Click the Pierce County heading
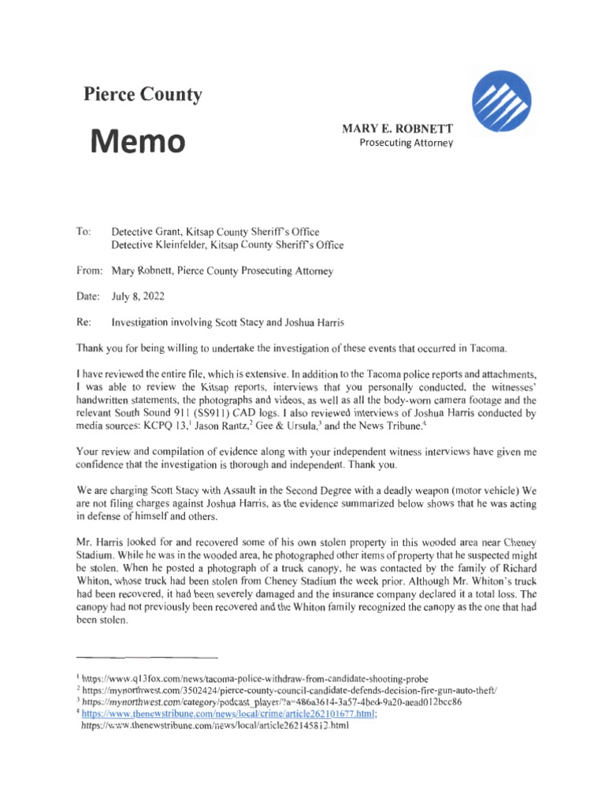(x=143, y=95)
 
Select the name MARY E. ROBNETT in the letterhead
(x=403, y=128)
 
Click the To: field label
(x=84, y=232)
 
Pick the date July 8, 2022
(x=139, y=298)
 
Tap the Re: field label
(x=84, y=323)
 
